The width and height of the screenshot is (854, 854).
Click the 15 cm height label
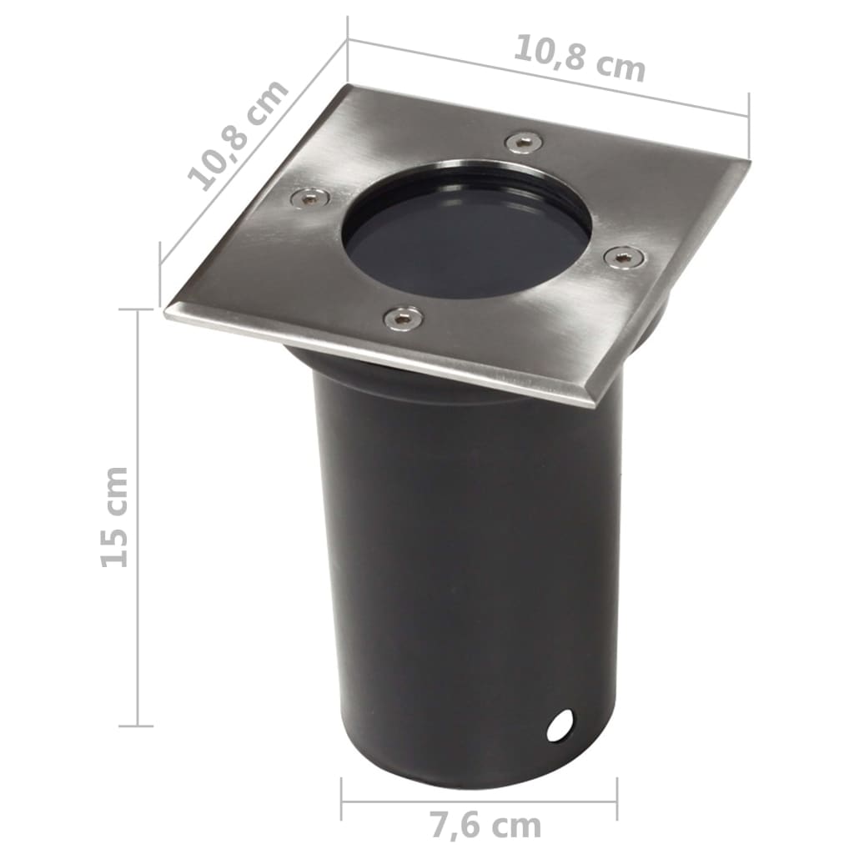[x=115, y=517]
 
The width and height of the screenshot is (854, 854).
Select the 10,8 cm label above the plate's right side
[x=579, y=58]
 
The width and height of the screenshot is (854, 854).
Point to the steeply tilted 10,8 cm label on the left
[x=238, y=135]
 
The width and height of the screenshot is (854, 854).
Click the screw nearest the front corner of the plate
[x=402, y=318]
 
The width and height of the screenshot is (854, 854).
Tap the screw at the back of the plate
[x=523, y=142]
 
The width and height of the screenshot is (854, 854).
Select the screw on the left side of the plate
[x=309, y=198]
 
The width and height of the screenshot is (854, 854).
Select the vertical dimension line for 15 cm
[x=137, y=517]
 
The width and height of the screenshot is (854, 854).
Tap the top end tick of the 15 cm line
[x=137, y=309]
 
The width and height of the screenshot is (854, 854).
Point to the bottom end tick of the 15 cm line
[x=137, y=726]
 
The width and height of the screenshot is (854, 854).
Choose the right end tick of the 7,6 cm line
[x=617, y=800]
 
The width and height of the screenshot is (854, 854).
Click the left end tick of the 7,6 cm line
[x=341, y=800]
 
